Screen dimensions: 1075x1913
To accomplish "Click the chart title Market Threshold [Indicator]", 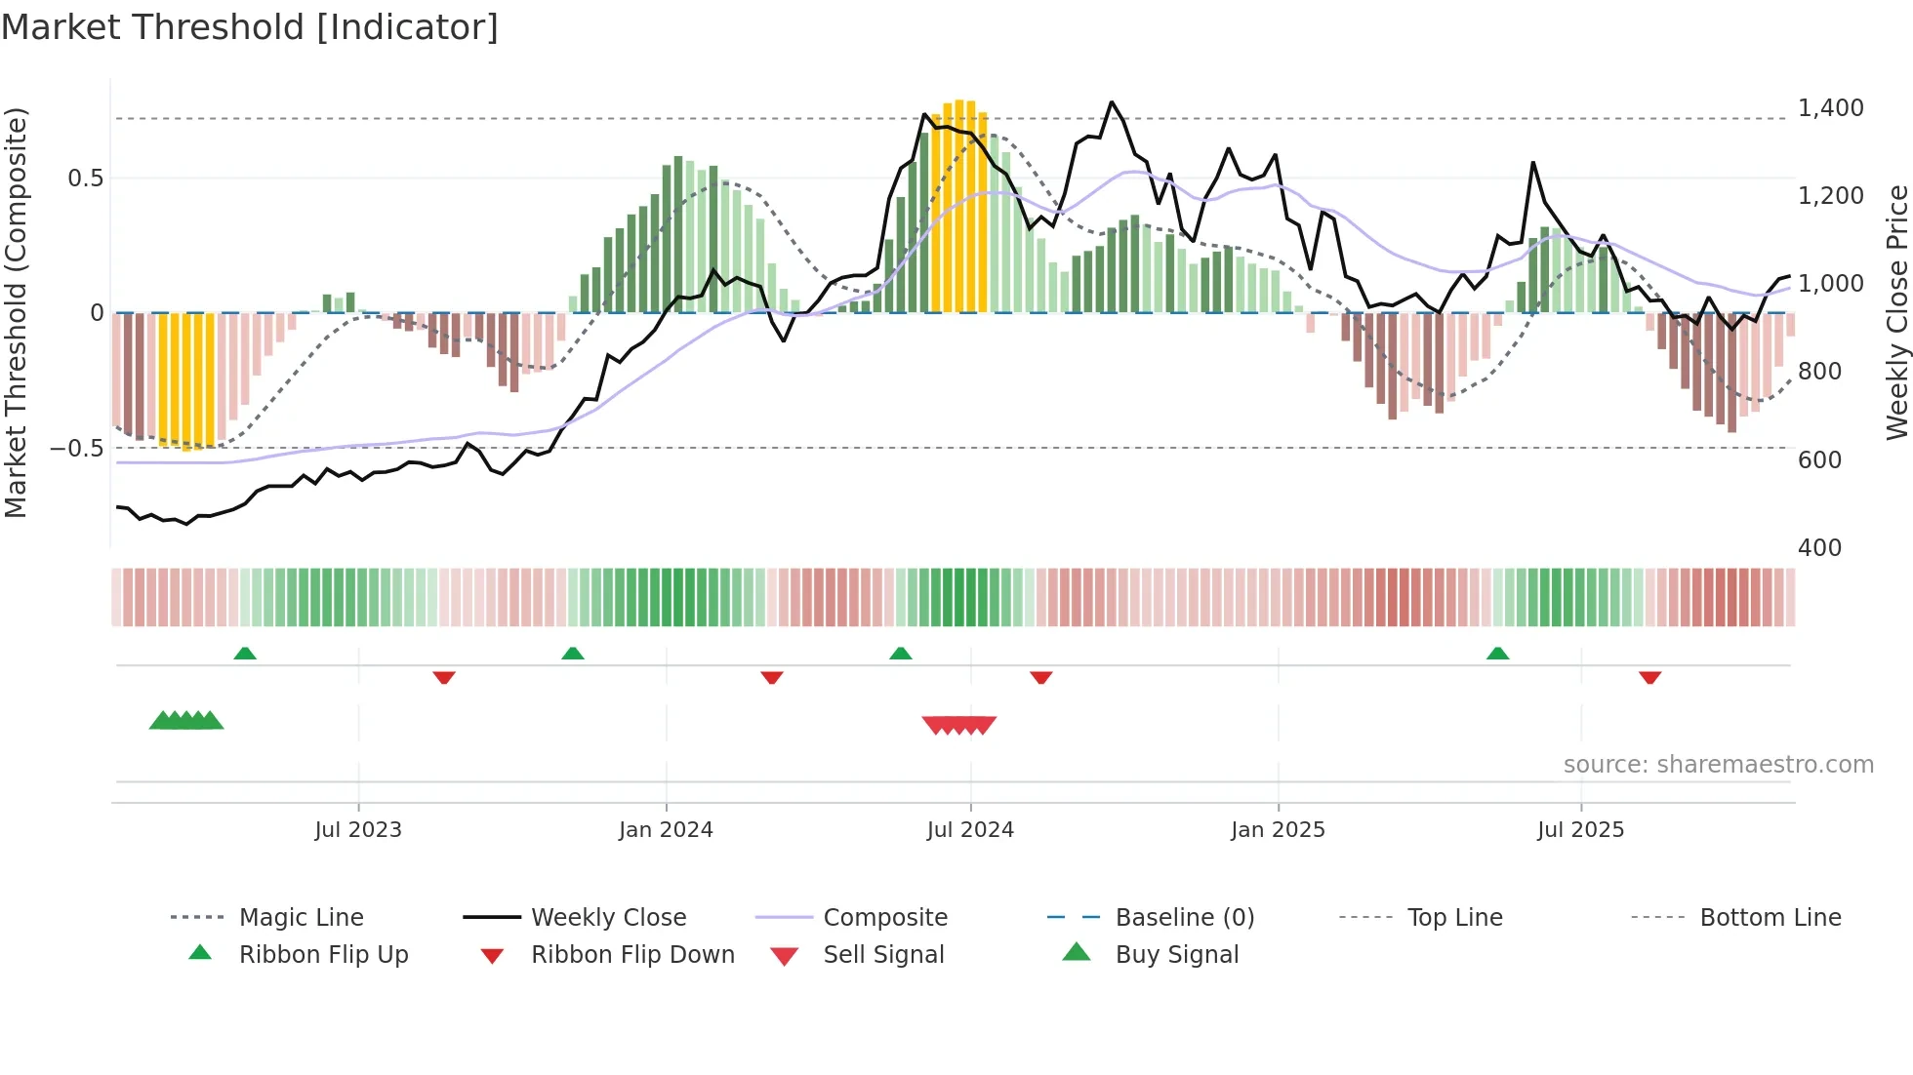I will click(250, 27).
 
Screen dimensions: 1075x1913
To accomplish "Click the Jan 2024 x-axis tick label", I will click(666, 830).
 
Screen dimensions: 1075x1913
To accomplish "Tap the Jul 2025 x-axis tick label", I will click(1580, 830).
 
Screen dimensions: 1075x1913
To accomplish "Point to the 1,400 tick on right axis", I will click(1830, 108).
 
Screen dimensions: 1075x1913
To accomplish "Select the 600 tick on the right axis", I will click(1819, 459).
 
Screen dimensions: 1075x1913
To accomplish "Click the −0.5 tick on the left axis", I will click(76, 449).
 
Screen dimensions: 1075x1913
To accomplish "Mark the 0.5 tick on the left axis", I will click(85, 179).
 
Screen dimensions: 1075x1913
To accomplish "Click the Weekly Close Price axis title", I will click(1896, 312).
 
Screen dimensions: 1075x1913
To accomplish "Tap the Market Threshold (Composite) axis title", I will click(16, 312).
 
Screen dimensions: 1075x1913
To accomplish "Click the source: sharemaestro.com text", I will click(1718, 765).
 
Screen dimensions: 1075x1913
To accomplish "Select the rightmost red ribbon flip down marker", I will click(1649, 677).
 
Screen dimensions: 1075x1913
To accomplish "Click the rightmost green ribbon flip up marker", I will click(1497, 654).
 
